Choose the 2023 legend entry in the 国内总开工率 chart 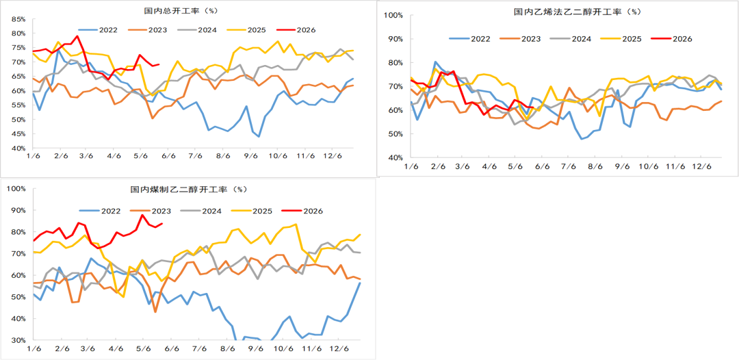pyautogui.click(x=146, y=29)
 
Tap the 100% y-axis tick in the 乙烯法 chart pyautogui.click(x=393, y=15)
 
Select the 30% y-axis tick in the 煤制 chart pyautogui.click(x=20, y=340)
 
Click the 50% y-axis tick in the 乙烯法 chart pyautogui.click(x=395, y=134)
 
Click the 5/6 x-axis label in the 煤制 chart pyautogui.click(x=144, y=349)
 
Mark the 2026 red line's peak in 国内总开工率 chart pyautogui.click(x=77, y=36)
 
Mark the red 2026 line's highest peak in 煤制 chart pyautogui.click(x=142, y=216)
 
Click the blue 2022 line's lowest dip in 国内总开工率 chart pyautogui.click(x=259, y=137)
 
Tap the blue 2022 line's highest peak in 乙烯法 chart pyautogui.click(x=435, y=62)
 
